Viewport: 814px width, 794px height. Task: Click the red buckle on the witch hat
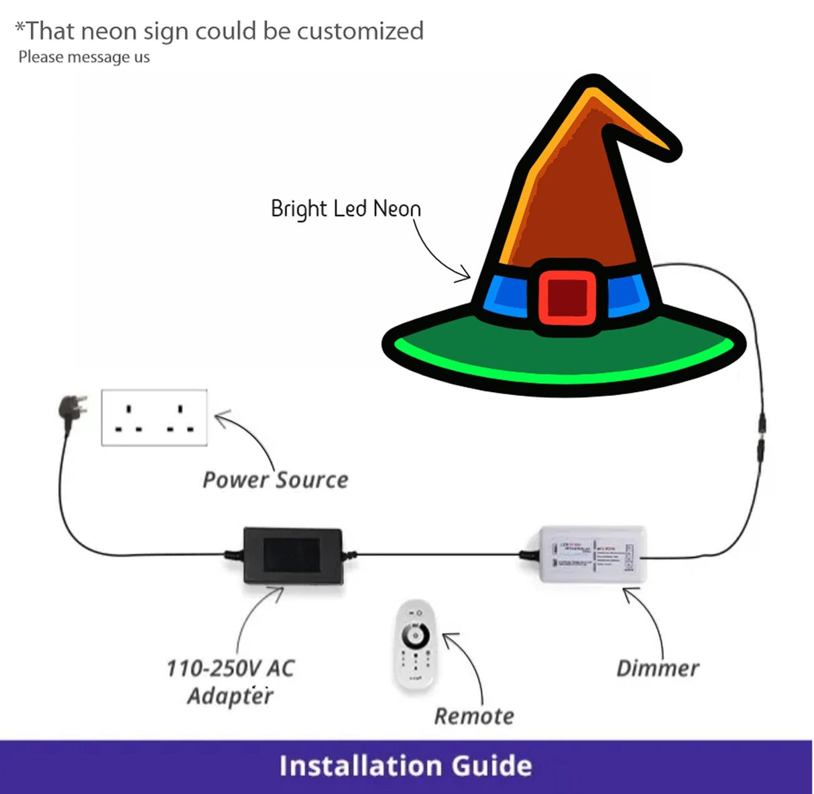coord(567,296)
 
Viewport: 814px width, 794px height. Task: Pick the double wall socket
coord(154,417)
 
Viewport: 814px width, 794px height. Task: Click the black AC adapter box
coord(292,555)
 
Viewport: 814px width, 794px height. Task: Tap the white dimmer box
coord(593,554)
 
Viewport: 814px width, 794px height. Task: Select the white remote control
coord(416,644)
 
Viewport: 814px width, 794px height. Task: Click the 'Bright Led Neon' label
coord(345,209)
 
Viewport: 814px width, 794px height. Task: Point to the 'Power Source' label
coord(276,480)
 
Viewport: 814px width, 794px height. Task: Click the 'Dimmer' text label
coord(657,668)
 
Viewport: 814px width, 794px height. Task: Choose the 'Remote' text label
coord(474,716)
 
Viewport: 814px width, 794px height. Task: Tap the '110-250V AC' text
coord(230,668)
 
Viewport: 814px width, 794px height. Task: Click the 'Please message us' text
coord(84,57)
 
